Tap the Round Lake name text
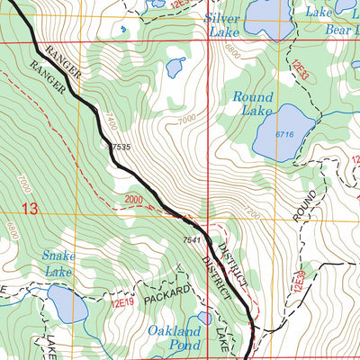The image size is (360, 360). (x=253, y=103)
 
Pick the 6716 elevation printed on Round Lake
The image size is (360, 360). (x=285, y=134)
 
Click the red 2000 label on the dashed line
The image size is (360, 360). (x=135, y=199)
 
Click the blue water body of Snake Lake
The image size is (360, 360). (x=67, y=307)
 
